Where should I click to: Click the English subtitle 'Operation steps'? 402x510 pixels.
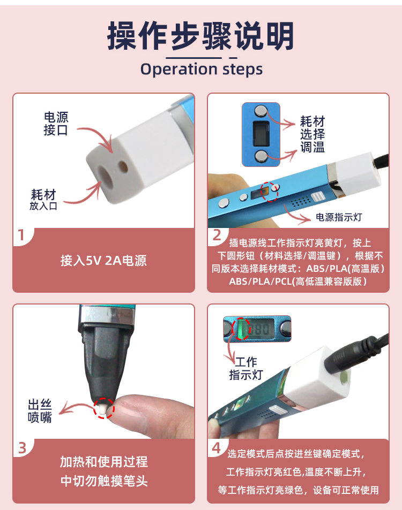[202, 69]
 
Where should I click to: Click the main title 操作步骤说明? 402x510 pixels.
[200, 36]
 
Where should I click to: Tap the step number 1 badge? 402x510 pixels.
[21, 235]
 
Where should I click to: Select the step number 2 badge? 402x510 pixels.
[217, 235]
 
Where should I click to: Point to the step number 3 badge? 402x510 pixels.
[22, 448]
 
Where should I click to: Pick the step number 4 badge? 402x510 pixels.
[217, 448]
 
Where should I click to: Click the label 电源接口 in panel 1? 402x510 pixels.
[56, 124]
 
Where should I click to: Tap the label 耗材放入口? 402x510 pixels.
[43, 200]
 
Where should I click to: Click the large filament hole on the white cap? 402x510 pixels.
[106, 175]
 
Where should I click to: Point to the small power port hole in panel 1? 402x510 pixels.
[123, 166]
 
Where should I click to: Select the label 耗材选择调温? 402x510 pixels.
[312, 134]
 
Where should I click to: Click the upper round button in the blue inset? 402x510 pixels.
[260, 111]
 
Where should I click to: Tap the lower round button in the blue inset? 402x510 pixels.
[260, 156]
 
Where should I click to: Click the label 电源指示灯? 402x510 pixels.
[339, 217]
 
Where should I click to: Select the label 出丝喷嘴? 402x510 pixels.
[40, 411]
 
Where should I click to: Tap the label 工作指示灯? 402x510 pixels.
[246, 368]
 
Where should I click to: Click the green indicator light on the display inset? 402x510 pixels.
[242, 328]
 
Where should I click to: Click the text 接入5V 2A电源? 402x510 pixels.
[103, 261]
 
